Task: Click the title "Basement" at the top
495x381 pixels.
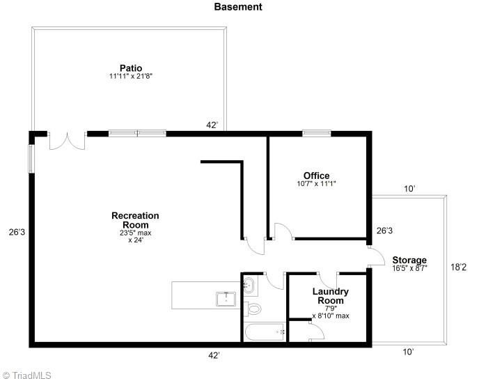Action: (x=237, y=7)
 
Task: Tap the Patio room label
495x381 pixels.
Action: (x=130, y=68)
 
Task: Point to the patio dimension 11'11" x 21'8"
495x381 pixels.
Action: (x=130, y=76)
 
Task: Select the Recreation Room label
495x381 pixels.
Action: (x=135, y=220)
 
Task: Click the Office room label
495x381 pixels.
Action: (x=316, y=176)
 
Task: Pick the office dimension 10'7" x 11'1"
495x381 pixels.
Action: (x=316, y=184)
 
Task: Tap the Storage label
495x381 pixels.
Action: (x=409, y=260)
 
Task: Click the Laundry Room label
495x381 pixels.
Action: (x=330, y=296)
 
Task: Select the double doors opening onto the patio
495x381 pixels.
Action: (x=67, y=141)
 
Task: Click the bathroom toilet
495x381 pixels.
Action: (x=253, y=309)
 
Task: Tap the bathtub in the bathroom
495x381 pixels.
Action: (x=264, y=332)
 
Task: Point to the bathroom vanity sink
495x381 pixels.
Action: (x=250, y=284)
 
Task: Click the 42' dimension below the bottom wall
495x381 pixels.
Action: (x=214, y=355)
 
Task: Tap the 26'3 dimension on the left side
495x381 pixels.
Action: (x=16, y=232)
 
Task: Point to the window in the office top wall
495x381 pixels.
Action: (x=315, y=133)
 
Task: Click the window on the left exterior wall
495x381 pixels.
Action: (x=30, y=157)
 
